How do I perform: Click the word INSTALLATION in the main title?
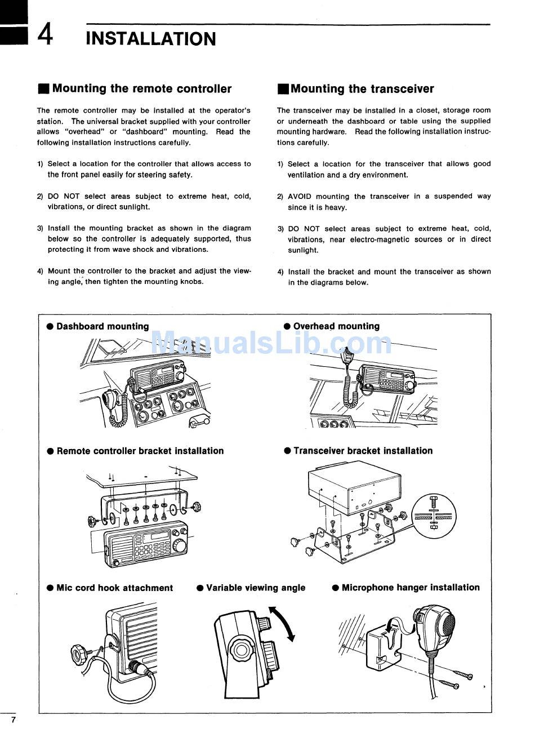(151, 39)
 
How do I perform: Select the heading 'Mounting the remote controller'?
(141, 88)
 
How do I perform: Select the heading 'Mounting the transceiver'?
(362, 88)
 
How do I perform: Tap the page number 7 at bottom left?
(13, 720)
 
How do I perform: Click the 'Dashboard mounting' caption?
(102, 326)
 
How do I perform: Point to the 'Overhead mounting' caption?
(336, 326)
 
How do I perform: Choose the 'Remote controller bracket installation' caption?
(140, 451)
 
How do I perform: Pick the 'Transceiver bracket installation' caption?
(363, 451)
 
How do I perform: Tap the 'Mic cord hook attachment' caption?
(114, 588)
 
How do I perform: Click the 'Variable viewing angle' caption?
(256, 588)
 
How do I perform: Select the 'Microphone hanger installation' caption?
(411, 588)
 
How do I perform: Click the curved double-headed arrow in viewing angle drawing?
(283, 624)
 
